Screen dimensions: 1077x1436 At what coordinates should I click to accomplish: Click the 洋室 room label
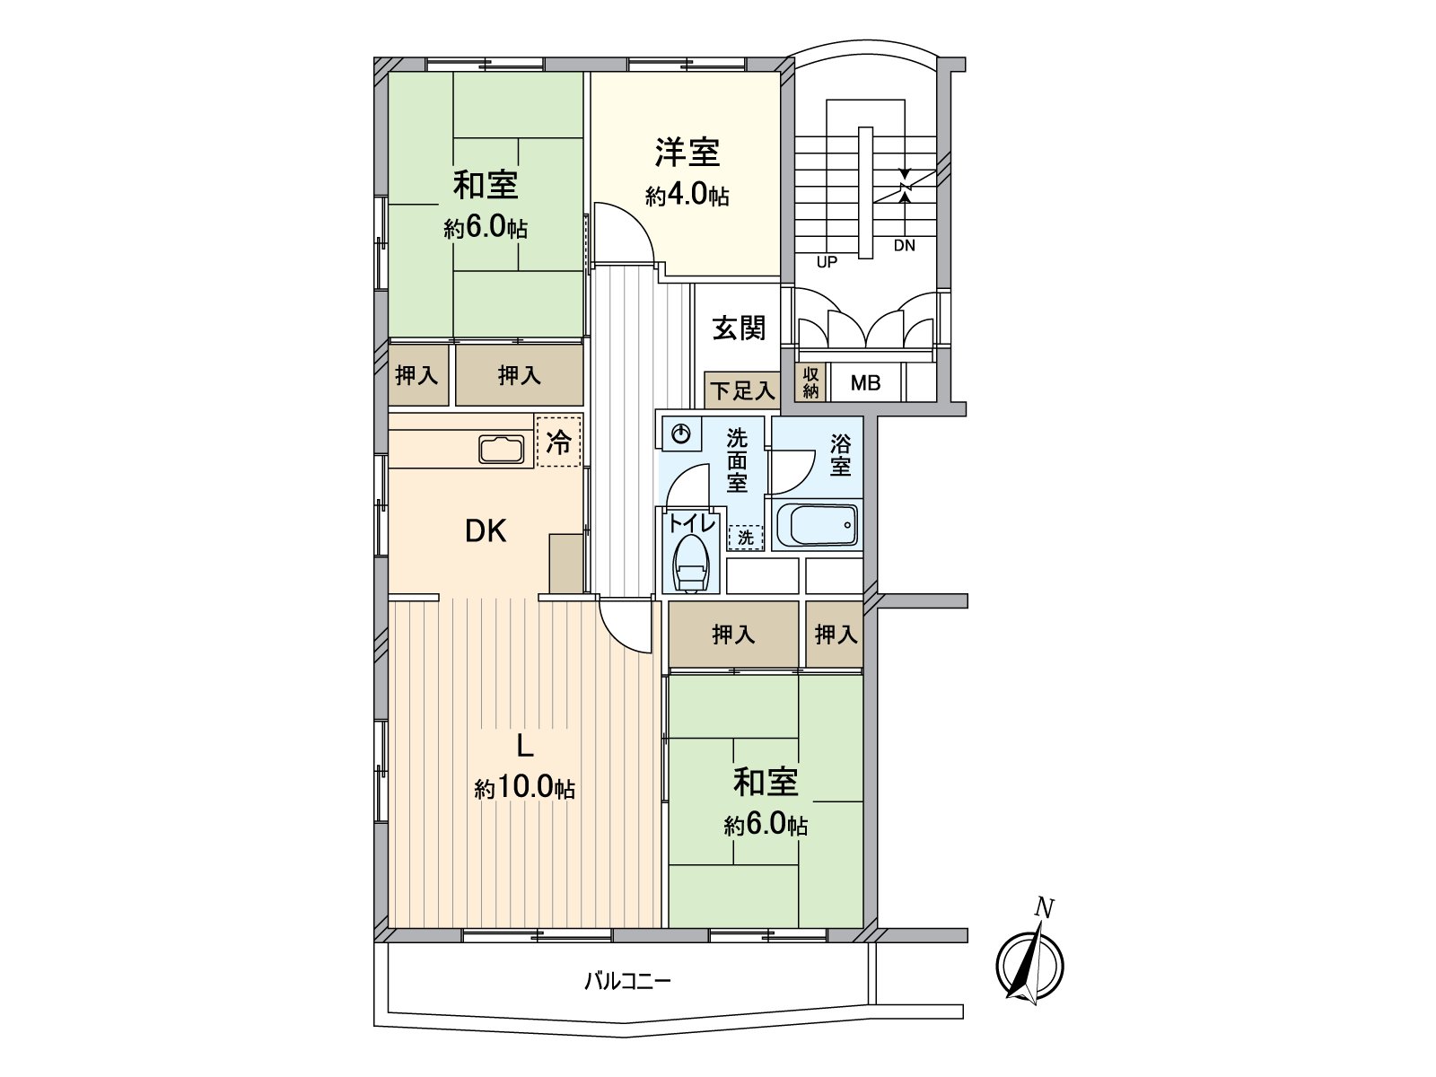687,153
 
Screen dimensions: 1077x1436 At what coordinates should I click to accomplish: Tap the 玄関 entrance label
740,328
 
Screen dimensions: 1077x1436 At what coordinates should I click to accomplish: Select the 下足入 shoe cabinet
741,391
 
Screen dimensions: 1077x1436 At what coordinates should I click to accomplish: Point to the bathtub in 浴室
816,525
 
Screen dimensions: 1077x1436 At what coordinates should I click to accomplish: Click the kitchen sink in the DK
502,449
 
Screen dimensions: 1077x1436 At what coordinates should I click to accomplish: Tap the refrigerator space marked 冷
558,442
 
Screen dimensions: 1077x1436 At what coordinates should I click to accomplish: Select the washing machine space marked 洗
746,538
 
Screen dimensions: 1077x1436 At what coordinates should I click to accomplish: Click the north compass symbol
1029,965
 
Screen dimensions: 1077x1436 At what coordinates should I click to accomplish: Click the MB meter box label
865,384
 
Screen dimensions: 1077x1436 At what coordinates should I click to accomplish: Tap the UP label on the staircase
827,262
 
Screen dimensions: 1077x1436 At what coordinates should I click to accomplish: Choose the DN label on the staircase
904,245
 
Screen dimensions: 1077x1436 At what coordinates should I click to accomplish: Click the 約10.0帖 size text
525,789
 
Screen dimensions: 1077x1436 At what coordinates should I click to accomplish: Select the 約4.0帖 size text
687,196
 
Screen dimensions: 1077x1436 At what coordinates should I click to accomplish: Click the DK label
486,532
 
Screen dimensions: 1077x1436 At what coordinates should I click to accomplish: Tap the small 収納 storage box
811,383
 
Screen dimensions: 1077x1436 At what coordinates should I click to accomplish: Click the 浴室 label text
840,455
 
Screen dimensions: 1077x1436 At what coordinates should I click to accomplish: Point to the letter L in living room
526,747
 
